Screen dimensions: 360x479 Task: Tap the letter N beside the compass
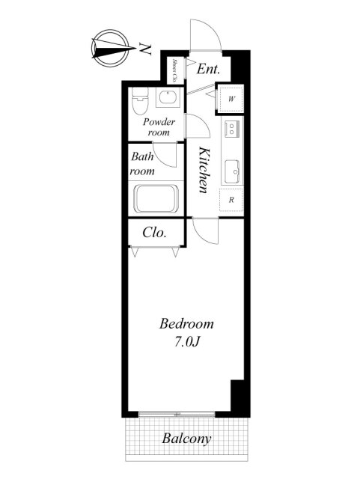tap(145, 49)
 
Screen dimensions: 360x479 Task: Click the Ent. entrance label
tap(208, 69)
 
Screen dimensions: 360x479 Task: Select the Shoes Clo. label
tap(175, 70)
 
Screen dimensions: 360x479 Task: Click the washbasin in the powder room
tap(168, 97)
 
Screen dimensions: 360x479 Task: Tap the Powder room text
tap(159, 126)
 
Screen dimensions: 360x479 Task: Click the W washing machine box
tap(231, 99)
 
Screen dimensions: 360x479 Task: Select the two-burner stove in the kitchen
tap(232, 129)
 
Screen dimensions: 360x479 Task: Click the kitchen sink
tap(232, 171)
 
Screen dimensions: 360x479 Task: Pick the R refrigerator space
tap(231, 200)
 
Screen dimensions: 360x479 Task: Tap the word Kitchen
tap(204, 170)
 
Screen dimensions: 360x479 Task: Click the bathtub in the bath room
tap(156, 198)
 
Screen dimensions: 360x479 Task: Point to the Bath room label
tap(142, 164)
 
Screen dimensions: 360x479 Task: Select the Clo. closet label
tap(155, 233)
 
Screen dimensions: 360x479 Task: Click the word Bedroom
tap(186, 324)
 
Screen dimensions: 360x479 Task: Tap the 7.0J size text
tap(187, 342)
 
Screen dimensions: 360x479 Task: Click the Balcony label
tap(186, 439)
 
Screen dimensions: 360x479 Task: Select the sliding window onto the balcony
tap(177, 414)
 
